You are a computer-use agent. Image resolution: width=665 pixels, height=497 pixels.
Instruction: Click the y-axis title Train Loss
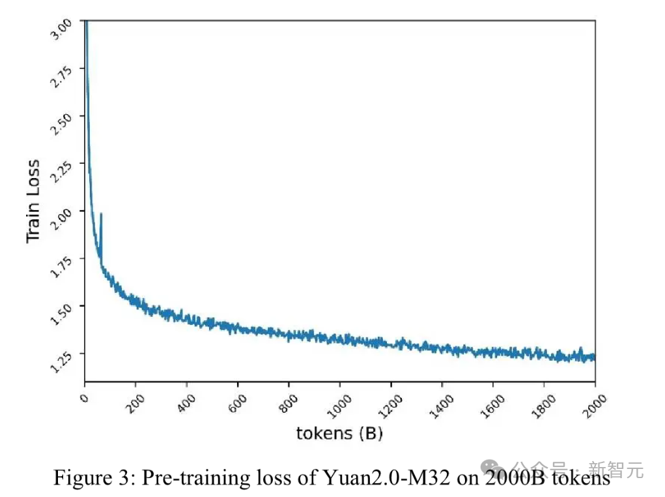tap(33, 201)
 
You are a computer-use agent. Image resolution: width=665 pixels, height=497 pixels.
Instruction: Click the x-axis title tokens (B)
tap(339, 433)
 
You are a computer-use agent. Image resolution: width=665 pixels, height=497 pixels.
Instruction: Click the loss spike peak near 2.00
tap(101, 214)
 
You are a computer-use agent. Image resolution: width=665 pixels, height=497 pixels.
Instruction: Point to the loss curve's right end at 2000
tap(595, 357)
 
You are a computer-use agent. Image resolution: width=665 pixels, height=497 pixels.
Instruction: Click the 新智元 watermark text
tap(615, 468)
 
